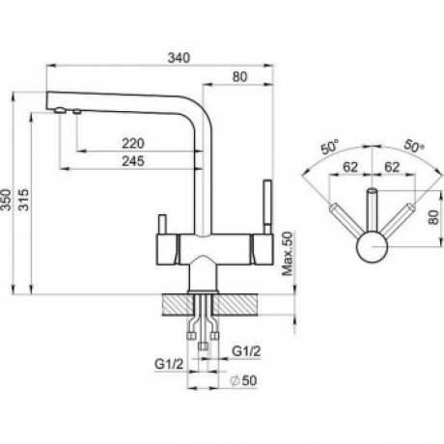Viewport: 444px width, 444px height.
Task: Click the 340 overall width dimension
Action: click(180, 58)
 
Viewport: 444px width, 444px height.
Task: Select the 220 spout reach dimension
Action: click(133, 143)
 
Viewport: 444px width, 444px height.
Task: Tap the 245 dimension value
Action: click(133, 161)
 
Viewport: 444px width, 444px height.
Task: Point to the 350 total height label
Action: click(6, 200)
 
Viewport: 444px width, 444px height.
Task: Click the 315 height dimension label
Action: click(23, 200)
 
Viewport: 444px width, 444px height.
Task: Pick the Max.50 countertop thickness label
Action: click(288, 254)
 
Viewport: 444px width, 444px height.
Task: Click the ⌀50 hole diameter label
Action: click(243, 380)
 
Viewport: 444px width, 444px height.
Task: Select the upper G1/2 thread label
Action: click(246, 351)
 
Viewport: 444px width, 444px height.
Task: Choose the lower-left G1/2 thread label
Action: click(169, 364)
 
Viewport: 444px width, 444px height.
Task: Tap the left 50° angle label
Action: click(329, 147)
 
